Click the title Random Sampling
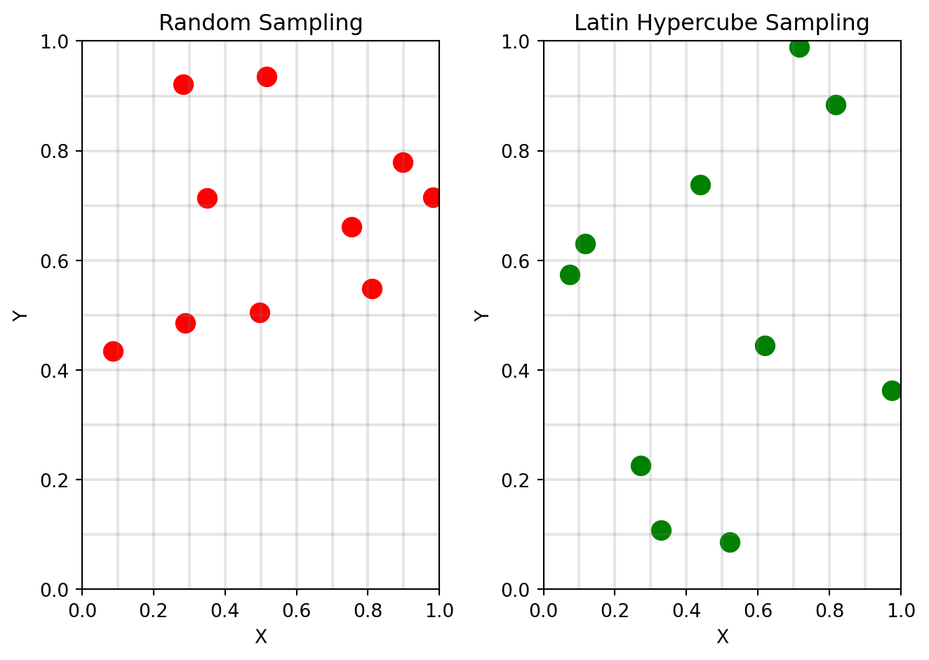coord(260,23)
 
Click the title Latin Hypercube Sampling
coord(721,23)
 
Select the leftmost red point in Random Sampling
coord(113,351)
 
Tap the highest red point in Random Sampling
coord(267,77)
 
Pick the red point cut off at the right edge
coord(432,198)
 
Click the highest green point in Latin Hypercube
coord(799,47)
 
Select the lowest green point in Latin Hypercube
coord(730,542)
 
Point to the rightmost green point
coord(892,390)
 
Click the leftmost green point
coord(570,275)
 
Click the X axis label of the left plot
coord(260,637)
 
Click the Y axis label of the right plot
coord(481,315)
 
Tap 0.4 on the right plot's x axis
coord(686,610)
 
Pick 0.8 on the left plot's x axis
coord(368,610)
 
